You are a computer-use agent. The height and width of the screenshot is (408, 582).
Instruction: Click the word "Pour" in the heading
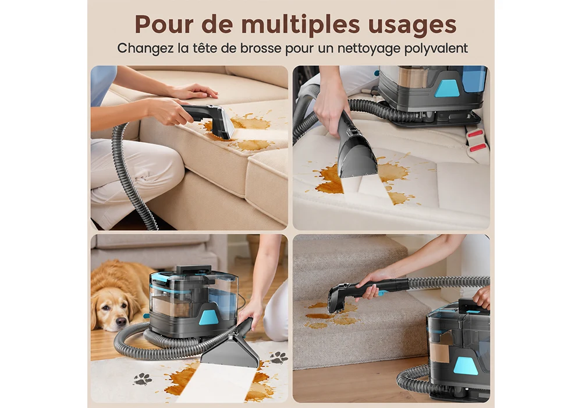tap(161, 24)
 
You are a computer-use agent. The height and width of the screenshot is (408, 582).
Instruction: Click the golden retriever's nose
tap(120, 321)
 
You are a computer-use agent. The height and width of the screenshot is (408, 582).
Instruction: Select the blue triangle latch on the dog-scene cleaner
tap(208, 315)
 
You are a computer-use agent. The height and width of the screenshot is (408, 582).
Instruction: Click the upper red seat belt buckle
tap(477, 133)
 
